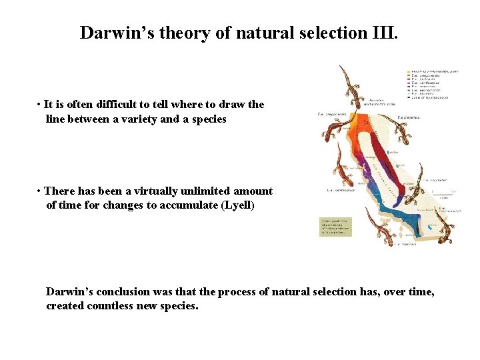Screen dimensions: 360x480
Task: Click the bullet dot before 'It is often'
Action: pos(40,105)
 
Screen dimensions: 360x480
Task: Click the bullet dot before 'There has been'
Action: pos(40,191)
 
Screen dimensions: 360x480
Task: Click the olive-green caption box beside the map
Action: pos(335,227)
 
